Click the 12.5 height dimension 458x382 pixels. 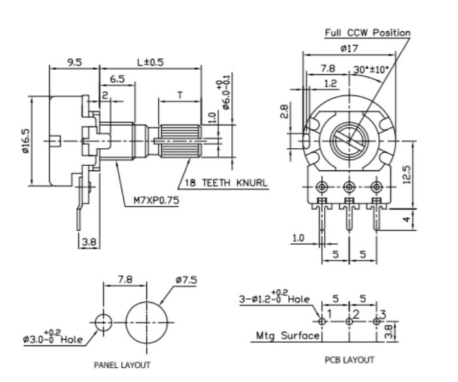click(407, 176)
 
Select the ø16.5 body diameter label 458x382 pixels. click(25, 140)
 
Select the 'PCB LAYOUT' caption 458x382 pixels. click(349, 360)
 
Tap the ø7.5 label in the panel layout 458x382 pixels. click(186, 281)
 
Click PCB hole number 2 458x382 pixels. click(349, 321)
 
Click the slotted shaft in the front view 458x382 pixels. click(349, 140)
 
